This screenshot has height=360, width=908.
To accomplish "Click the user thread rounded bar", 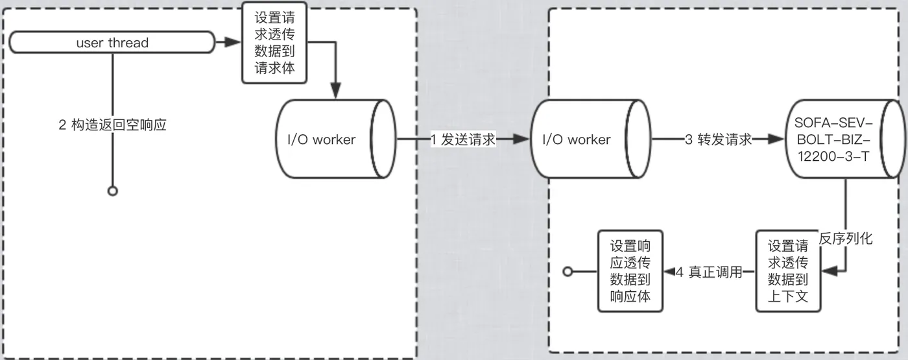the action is pos(112,42).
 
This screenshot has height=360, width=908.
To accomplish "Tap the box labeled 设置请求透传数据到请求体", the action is pos(274,43).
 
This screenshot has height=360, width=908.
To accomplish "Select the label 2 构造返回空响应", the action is pos(112,125).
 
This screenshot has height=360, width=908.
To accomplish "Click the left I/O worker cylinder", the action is pos(336,139).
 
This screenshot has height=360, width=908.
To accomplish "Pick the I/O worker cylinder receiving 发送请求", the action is pos(591,139).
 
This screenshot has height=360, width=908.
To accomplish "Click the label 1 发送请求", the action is pos(463,139).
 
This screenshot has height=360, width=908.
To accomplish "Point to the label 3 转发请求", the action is pos(719,139).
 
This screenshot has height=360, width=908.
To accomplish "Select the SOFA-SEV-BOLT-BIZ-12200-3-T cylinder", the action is pos(846,139).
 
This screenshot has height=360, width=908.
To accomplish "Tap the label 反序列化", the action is pos(846,239).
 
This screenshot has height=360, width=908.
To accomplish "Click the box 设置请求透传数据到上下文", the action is pos(788,271).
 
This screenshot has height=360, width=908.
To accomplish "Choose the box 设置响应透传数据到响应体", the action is pos(630,271).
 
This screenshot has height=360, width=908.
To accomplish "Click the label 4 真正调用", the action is pos(710,272).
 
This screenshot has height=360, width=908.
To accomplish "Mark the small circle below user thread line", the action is pos(113,191).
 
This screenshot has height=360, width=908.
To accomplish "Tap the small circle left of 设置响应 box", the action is pos(568,271).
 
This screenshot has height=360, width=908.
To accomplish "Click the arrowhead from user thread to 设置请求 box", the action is pos(233,42).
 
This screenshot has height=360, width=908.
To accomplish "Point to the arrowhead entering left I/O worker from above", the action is pos(336,91).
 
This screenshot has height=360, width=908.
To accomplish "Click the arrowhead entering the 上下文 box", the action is pos(830,271).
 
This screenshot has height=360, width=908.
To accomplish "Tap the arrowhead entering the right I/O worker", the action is pos(521,139).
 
